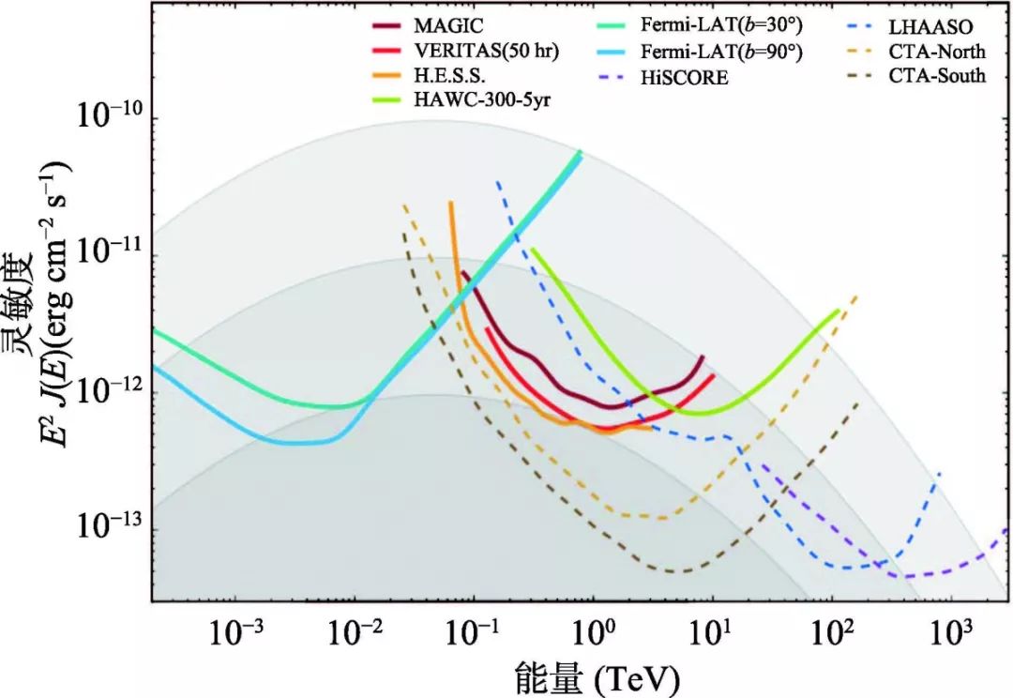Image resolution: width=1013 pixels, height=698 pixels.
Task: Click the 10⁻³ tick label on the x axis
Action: click(237, 632)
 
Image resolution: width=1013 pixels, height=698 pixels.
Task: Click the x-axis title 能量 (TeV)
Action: click(596, 677)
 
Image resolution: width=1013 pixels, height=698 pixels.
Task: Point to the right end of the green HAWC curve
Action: click(838, 310)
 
